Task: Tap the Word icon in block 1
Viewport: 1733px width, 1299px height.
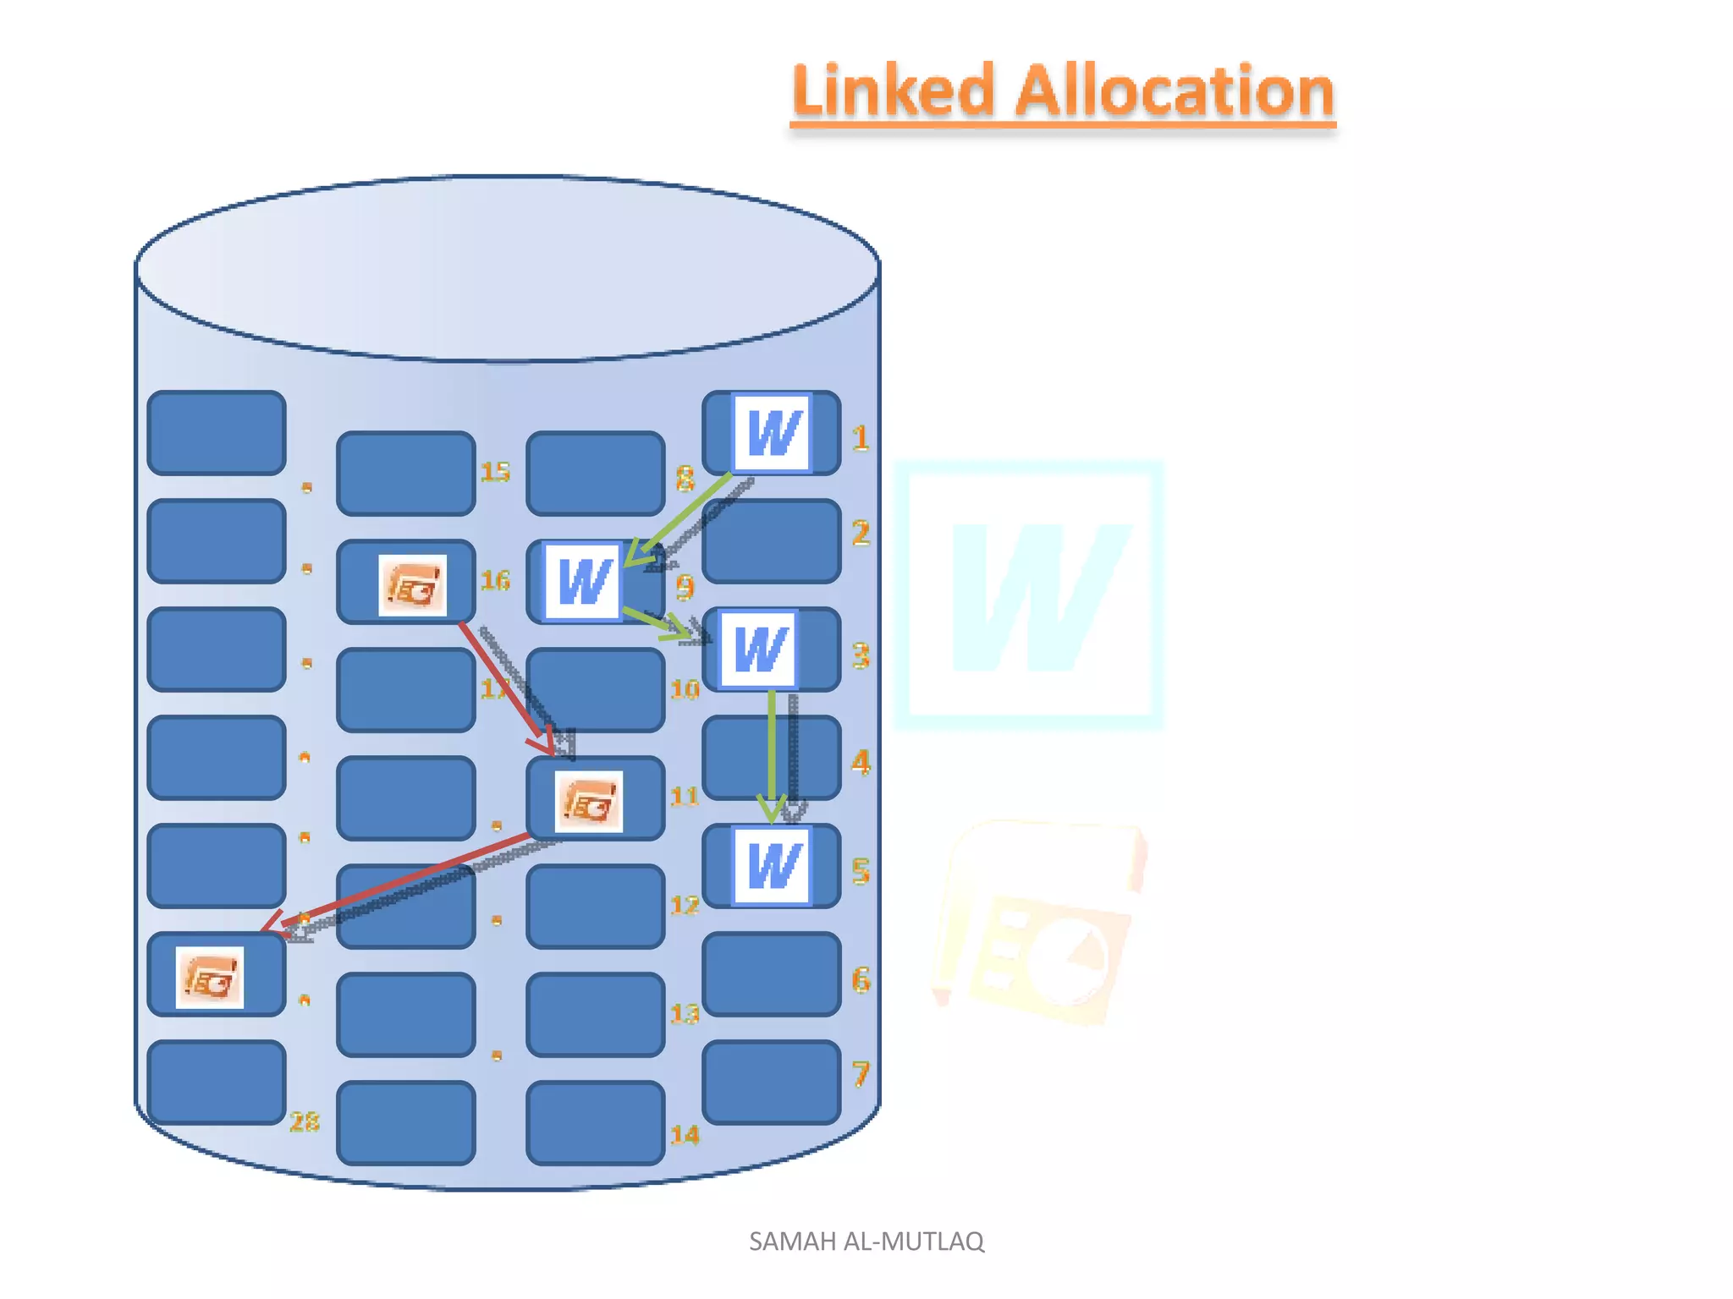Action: pyautogui.click(x=773, y=433)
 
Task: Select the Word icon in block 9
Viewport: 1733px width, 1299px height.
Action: pyautogui.click(x=583, y=582)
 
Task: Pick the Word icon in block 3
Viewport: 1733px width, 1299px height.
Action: pyautogui.click(x=759, y=649)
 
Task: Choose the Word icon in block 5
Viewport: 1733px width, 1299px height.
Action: pyautogui.click(x=772, y=866)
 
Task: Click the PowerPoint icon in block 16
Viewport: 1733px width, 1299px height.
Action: pyautogui.click(x=412, y=585)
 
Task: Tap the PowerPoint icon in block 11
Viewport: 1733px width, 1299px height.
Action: pyautogui.click(x=589, y=802)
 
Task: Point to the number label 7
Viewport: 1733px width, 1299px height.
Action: pyautogui.click(x=861, y=1074)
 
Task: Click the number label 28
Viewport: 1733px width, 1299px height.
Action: pyautogui.click(x=305, y=1122)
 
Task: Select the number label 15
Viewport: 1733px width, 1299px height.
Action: pyautogui.click(x=495, y=472)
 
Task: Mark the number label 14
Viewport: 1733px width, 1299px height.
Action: pyautogui.click(x=685, y=1135)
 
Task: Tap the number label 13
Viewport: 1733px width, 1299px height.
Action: pyautogui.click(x=685, y=1013)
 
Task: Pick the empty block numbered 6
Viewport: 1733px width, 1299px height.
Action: pyautogui.click(x=772, y=974)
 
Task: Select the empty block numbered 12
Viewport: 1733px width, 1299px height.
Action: pyautogui.click(x=595, y=907)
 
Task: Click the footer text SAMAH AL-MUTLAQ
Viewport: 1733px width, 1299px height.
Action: pyautogui.click(x=866, y=1241)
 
